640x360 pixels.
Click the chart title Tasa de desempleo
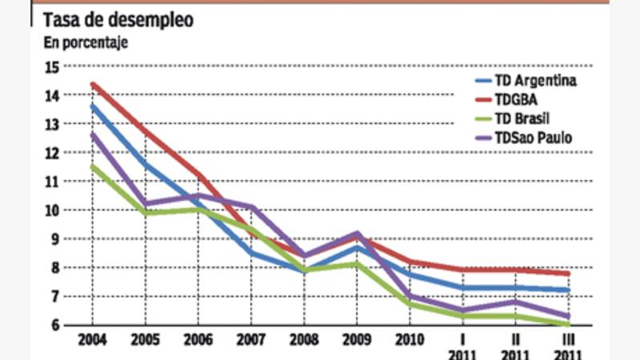[x=117, y=20]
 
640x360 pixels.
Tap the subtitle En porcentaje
[x=86, y=42]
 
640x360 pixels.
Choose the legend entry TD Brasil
[x=525, y=118]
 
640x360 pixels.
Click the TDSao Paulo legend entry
[x=534, y=138]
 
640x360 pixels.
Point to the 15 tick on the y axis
[x=54, y=66]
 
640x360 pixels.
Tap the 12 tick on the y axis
[x=54, y=153]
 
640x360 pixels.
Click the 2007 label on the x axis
[x=251, y=340]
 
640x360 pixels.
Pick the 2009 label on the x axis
[x=356, y=340]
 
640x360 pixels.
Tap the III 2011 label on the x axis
[x=567, y=346]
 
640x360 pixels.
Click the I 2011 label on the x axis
[x=462, y=346]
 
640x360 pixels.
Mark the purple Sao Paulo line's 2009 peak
[x=356, y=233]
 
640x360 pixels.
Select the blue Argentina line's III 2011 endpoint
[x=567, y=290]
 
